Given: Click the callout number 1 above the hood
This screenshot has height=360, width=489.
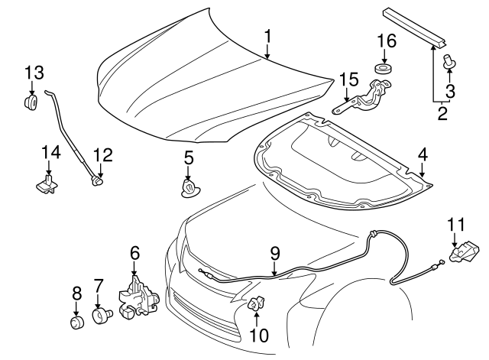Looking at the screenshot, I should [267, 36].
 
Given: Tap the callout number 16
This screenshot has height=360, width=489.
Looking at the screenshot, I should [385, 41].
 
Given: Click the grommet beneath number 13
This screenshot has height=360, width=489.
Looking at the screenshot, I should [31, 102].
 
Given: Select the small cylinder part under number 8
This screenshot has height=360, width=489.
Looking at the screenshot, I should [76, 325].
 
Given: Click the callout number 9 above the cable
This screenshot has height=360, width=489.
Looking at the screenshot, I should [275, 252].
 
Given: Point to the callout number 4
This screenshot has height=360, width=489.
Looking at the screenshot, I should [423, 155].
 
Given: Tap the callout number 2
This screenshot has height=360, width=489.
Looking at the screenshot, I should [442, 115].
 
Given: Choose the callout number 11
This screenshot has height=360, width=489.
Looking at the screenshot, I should [455, 223].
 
